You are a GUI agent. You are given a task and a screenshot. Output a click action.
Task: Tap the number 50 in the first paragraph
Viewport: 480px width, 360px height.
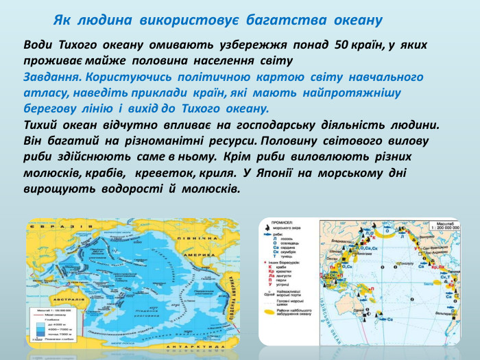coord(341,45)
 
